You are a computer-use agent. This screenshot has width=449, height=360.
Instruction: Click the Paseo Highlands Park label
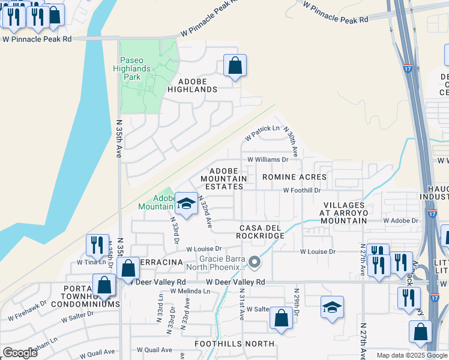[140, 68]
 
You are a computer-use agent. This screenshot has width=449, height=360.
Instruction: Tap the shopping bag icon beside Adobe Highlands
[235, 65]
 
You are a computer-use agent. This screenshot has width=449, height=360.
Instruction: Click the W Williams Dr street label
[268, 160]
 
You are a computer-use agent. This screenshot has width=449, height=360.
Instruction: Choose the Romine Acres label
[294, 177]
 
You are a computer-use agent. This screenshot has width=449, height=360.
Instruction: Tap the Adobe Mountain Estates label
[223, 179]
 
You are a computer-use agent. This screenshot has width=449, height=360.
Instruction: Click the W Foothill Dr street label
[302, 190]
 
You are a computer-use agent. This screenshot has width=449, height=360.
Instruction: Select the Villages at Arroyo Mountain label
[343, 212]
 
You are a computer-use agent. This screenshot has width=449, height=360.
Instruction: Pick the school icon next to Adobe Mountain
[186, 204]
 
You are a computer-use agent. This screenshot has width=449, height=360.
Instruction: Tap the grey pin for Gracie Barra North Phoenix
[255, 262]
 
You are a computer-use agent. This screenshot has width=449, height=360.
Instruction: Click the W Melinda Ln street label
[190, 291]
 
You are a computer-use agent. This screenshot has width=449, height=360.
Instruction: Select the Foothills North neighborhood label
[235, 344]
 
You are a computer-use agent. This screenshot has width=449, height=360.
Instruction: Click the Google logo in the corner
[20, 353]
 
